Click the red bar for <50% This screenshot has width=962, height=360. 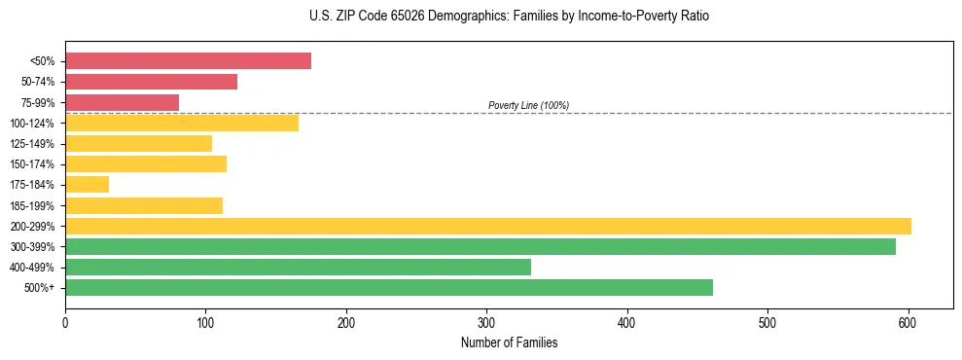coord(188,61)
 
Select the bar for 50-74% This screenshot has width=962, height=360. coord(151,82)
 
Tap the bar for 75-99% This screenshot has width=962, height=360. coord(122,102)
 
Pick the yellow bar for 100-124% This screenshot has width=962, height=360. coord(181,123)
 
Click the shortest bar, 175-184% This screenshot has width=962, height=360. coord(87,185)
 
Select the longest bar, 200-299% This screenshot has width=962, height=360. coord(487,226)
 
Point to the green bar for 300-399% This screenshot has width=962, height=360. coord(480,246)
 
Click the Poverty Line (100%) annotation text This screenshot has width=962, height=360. coord(528,105)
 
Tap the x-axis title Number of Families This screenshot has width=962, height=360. coord(509,342)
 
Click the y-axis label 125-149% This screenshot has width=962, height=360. coord(37,144)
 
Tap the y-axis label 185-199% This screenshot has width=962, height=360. coord(37,205)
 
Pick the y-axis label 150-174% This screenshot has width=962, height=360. coord(37,164)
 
